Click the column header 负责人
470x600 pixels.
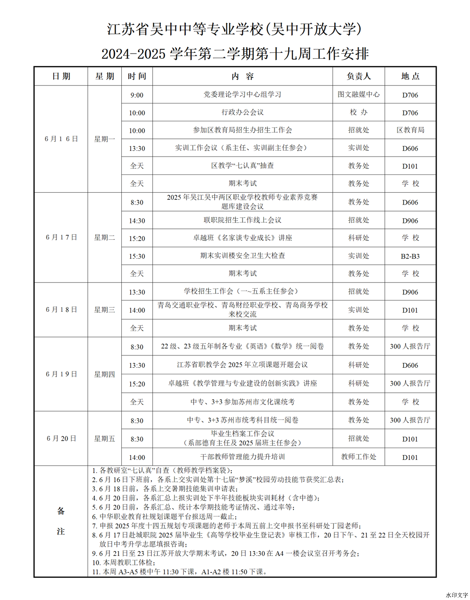pos(359,76)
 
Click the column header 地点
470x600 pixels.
pos(410,76)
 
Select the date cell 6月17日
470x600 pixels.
pos(61,237)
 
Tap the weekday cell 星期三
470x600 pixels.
pos(104,310)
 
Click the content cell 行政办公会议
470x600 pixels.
pos(243,112)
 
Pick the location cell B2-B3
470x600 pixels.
pos(410,256)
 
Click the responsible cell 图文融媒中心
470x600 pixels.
pos(359,95)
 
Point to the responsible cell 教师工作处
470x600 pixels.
pos(359,457)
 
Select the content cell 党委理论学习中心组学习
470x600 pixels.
pos(243,95)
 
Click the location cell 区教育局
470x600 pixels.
pos(410,130)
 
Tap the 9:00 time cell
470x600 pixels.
pos(137,95)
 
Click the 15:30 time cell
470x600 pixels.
pos(137,256)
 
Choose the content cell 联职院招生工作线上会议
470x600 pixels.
pos(243,220)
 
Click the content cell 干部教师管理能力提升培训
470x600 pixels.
pos(243,457)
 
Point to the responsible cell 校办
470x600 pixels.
pos(359,112)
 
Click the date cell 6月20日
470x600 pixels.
pos(61,439)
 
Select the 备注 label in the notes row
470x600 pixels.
pos(61,521)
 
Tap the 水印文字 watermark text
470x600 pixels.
pos(456,595)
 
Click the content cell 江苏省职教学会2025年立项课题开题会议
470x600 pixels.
pos(243,365)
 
